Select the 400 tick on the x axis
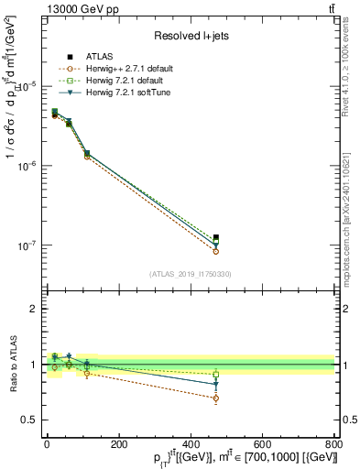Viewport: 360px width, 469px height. [x=191, y=443]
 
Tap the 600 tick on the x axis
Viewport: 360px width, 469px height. [x=263, y=443]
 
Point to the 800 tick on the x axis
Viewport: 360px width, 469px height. [x=334, y=443]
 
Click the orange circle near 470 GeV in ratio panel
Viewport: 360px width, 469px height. [x=215, y=398]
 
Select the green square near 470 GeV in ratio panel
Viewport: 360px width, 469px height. [x=215, y=374]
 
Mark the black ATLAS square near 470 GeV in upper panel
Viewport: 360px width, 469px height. [x=215, y=238]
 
